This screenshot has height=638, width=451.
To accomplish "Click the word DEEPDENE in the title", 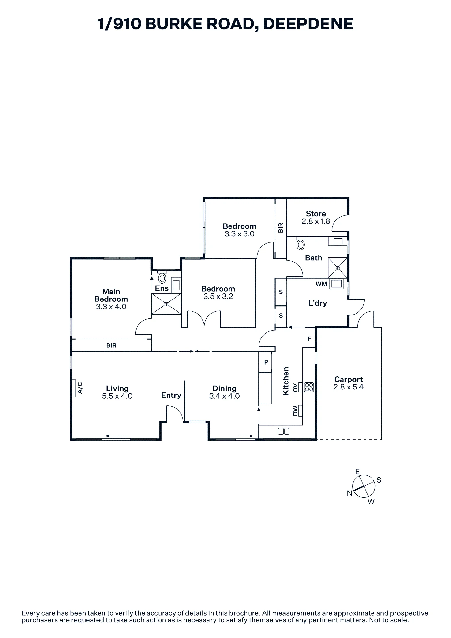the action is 308,24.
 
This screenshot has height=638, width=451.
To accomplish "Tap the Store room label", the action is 316,214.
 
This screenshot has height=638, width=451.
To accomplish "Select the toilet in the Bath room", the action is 300,244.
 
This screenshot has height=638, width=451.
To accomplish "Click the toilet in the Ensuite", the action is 162,278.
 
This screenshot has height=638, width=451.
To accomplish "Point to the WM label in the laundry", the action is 321,284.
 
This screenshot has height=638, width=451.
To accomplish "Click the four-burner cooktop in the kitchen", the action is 309,387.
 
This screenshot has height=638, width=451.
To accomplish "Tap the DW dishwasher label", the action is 295,411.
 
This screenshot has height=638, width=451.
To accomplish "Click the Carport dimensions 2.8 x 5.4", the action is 349,387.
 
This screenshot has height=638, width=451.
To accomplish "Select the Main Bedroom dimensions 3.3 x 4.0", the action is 111,307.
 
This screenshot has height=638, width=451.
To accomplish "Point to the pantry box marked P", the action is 266,362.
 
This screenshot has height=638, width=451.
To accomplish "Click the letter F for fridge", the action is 309,339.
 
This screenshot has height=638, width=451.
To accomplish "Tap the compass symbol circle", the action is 364,486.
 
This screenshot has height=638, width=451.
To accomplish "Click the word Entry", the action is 171,395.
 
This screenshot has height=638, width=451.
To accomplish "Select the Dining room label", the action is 224,389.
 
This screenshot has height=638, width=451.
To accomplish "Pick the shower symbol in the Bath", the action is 338,268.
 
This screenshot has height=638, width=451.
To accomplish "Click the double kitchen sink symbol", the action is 283,431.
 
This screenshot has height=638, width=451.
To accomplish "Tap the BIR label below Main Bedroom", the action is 111,345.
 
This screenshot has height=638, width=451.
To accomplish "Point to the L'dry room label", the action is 318,303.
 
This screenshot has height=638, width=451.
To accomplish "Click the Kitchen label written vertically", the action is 286,381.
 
